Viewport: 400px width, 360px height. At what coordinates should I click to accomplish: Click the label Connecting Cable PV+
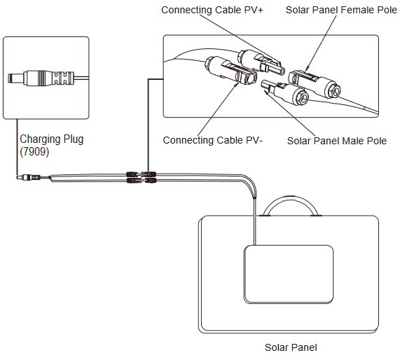(x=212, y=10)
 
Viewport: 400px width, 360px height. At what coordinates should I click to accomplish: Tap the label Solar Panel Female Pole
(x=341, y=10)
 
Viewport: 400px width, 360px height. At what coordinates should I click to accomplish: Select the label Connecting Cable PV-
(x=213, y=140)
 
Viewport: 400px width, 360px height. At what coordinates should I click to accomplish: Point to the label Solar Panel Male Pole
(x=337, y=141)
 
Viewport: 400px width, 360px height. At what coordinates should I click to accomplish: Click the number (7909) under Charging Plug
(x=34, y=151)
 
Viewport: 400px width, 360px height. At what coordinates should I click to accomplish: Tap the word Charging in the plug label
(x=40, y=139)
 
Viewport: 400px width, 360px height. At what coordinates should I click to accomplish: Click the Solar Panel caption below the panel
(x=291, y=347)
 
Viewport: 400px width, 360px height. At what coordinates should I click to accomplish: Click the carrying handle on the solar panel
(x=291, y=198)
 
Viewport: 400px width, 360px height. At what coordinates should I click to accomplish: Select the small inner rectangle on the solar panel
(x=289, y=275)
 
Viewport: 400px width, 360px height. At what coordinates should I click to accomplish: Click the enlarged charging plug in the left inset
(x=41, y=78)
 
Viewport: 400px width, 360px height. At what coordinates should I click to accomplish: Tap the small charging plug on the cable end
(x=29, y=176)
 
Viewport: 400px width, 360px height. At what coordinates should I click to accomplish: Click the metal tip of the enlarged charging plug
(x=16, y=78)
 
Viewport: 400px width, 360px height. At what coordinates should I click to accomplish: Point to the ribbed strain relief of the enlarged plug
(x=63, y=78)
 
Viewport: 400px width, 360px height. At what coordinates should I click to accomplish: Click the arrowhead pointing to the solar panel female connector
(x=308, y=69)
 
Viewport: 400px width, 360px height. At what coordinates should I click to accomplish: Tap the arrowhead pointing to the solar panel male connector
(x=267, y=93)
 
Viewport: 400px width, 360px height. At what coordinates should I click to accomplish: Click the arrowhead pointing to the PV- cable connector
(x=237, y=84)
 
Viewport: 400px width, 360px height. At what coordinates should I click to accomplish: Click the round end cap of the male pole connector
(x=301, y=97)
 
